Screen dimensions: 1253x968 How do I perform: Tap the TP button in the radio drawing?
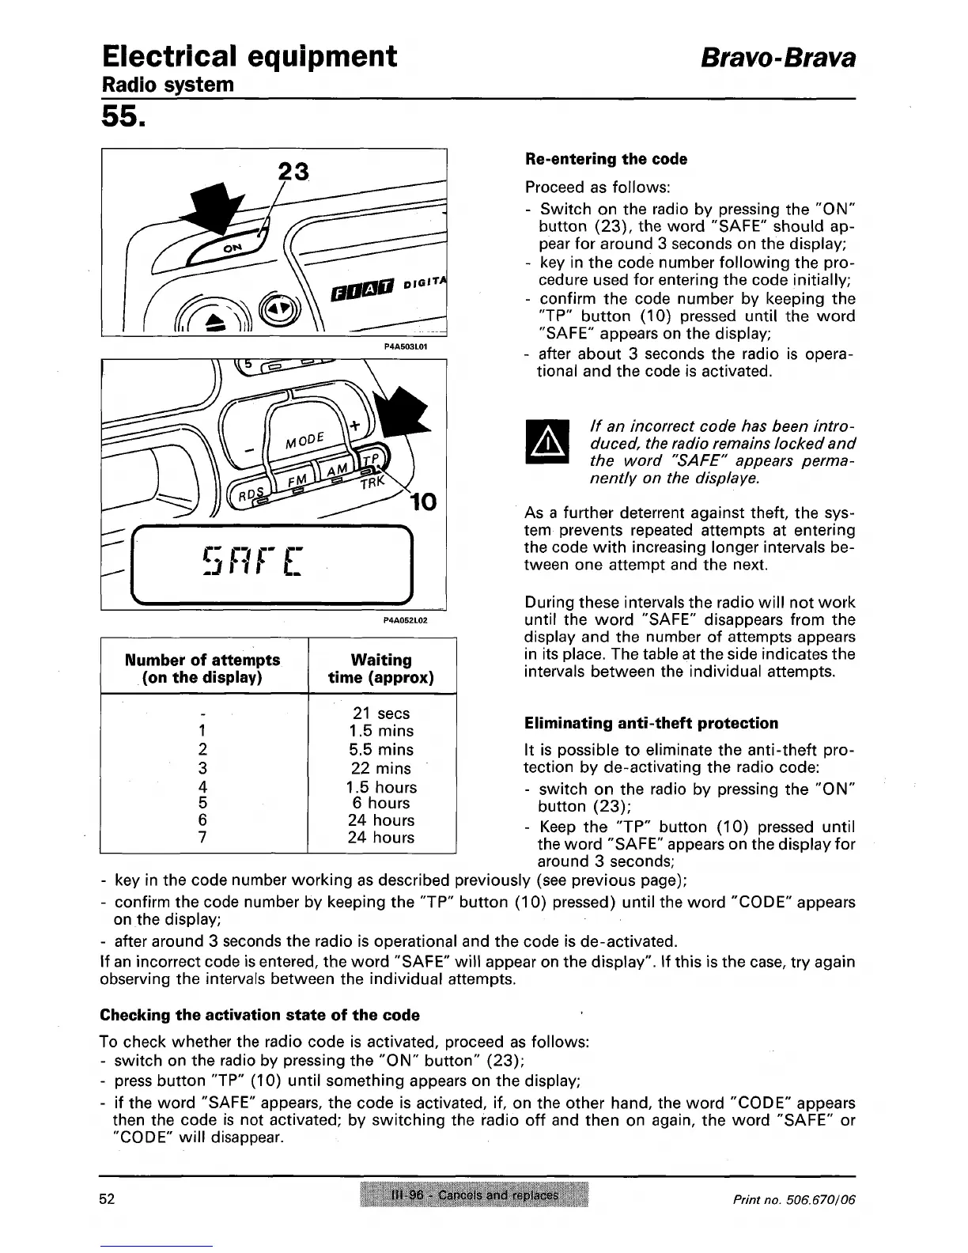(372, 461)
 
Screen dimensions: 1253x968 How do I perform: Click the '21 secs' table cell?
(381, 713)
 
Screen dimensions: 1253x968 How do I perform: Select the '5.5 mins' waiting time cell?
(381, 749)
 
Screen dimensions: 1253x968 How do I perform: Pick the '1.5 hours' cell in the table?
(381, 787)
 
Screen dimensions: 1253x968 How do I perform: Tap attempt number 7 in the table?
(203, 838)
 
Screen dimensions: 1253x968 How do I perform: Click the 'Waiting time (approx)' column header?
(381, 668)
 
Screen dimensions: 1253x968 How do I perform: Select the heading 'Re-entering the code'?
(606, 159)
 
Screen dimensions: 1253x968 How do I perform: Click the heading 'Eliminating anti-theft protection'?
(651, 723)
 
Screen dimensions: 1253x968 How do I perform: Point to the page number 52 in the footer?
(108, 1198)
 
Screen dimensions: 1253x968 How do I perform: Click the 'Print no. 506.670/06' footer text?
(793, 1199)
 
